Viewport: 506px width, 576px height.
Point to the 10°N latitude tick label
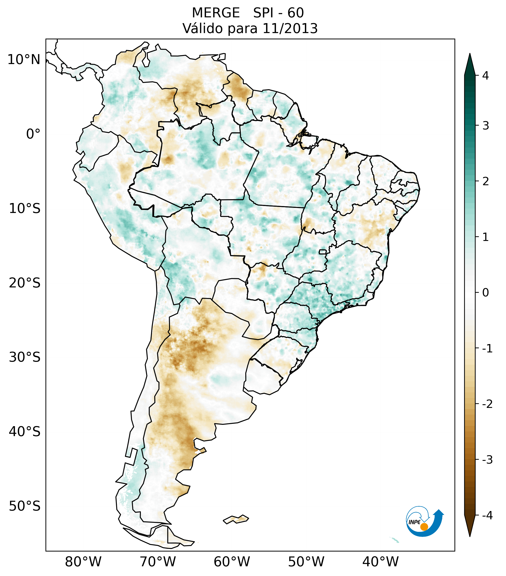tap(24, 60)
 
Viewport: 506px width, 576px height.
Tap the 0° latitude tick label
tap(33, 134)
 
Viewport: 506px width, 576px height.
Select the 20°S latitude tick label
tap(25, 283)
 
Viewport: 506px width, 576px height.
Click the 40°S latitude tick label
tap(25, 432)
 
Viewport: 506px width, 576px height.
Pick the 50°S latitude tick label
tap(25, 506)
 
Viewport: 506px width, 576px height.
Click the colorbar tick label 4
tap(485, 76)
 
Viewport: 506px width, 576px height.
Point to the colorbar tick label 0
tap(485, 293)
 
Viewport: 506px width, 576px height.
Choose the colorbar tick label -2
tap(487, 404)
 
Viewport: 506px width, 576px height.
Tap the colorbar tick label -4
tap(487, 515)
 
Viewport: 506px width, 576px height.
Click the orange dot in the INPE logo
tap(424, 527)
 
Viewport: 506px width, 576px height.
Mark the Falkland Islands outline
tap(236, 519)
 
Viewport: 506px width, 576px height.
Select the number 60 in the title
tap(296, 13)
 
